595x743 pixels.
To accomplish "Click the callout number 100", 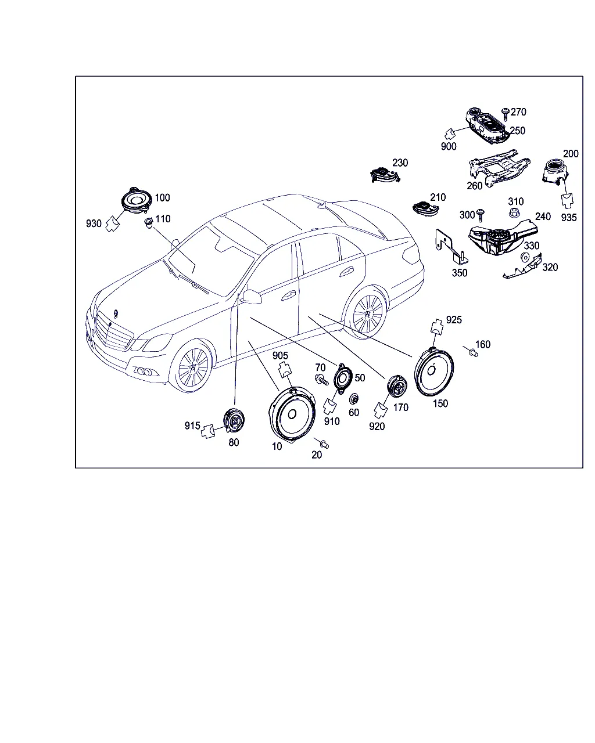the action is click(x=162, y=198).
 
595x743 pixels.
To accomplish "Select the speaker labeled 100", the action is click(x=137, y=201).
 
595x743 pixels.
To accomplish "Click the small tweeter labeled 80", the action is click(x=234, y=420).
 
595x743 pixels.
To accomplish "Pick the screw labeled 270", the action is click(x=506, y=114).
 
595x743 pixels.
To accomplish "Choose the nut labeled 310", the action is click(x=514, y=212).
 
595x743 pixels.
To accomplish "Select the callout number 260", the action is click(x=474, y=186).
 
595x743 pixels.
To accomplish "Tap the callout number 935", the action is click(x=569, y=218).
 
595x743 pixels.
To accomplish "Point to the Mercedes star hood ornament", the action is click(x=115, y=314).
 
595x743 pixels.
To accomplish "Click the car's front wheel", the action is click(x=191, y=367).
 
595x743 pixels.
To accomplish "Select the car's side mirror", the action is click(x=252, y=297).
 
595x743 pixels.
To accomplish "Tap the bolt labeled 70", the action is click(x=321, y=380).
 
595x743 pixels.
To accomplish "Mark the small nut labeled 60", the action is click(x=353, y=399).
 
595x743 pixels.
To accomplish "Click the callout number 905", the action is click(x=280, y=355).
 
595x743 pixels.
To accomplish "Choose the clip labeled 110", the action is click(x=149, y=223).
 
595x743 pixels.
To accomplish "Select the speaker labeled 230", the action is click(x=385, y=175).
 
